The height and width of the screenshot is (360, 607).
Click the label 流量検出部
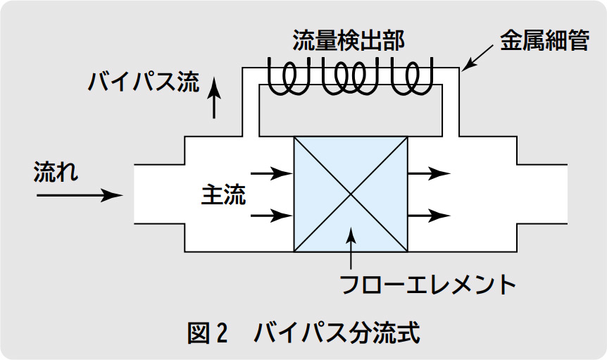click(349, 40)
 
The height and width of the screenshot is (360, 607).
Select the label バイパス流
click(143, 83)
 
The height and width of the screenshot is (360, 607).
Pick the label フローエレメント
click(428, 285)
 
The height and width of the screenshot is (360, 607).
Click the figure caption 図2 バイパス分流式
click(303, 332)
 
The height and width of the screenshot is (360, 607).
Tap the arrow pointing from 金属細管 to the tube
click(480, 59)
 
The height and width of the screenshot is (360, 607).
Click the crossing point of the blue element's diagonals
click(351, 194)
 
